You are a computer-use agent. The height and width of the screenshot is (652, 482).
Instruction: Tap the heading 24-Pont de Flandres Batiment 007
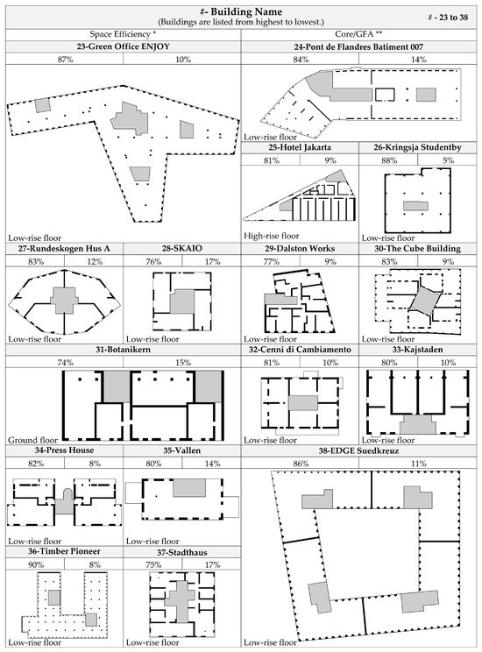pos(360,46)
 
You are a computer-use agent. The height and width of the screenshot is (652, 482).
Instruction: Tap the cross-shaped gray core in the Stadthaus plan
pos(183,605)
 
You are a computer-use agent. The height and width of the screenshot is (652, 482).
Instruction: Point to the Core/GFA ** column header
pos(360,33)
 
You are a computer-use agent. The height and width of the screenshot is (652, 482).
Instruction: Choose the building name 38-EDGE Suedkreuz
pos(360,450)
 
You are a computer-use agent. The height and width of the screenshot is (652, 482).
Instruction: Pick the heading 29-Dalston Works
pos(300,249)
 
